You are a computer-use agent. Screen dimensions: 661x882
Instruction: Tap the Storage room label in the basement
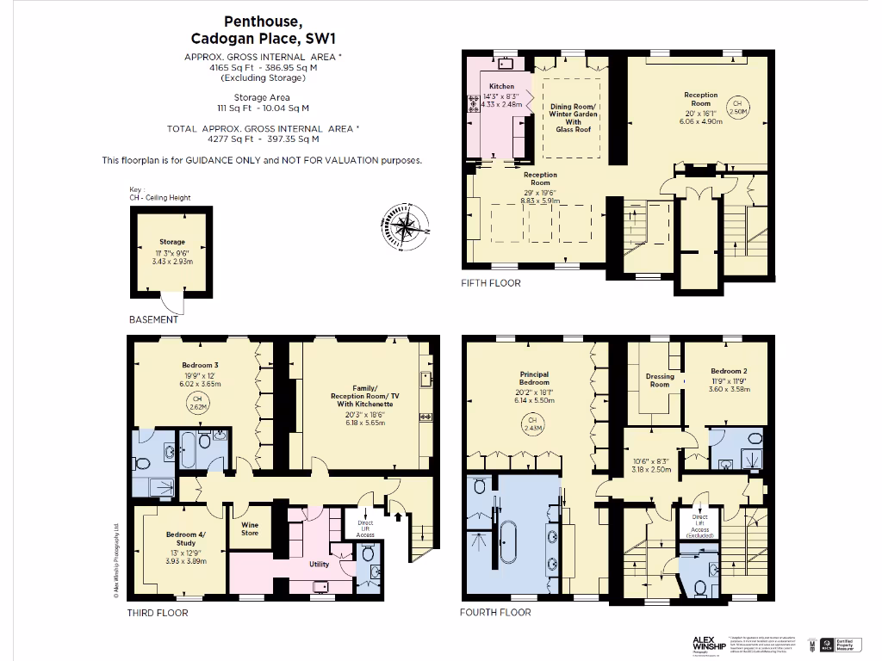pyautogui.click(x=171, y=242)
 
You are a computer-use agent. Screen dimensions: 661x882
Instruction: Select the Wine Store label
pyautogui.click(x=250, y=528)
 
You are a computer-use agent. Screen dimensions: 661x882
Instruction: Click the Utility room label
pyautogui.click(x=319, y=564)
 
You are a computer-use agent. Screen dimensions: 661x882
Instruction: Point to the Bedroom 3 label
pyautogui.click(x=200, y=366)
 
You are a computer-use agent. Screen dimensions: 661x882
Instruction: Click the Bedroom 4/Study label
pyautogui.click(x=185, y=539)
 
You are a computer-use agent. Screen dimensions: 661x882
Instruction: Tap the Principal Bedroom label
pyautogui.click(x=534, y=380)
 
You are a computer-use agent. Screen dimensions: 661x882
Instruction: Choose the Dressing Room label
pyautogui.click(x=659, y=380)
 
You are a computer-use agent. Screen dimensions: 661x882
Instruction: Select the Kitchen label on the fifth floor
pyautogui.click(x=501, y=87)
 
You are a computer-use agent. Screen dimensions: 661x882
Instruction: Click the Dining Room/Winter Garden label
pyautogui.click(x=574, y=117)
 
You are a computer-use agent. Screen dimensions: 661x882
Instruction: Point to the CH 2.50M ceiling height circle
pyautogui.click(x=737, y=107)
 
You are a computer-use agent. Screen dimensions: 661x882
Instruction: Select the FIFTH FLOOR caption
pyautogui.click(x=492, y=283)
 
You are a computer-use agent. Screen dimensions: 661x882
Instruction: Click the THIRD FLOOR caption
pyautogui.click(x=158, y=613)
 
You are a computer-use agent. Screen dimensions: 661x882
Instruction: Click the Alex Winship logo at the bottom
pyautogui.click(x=709, y=643)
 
